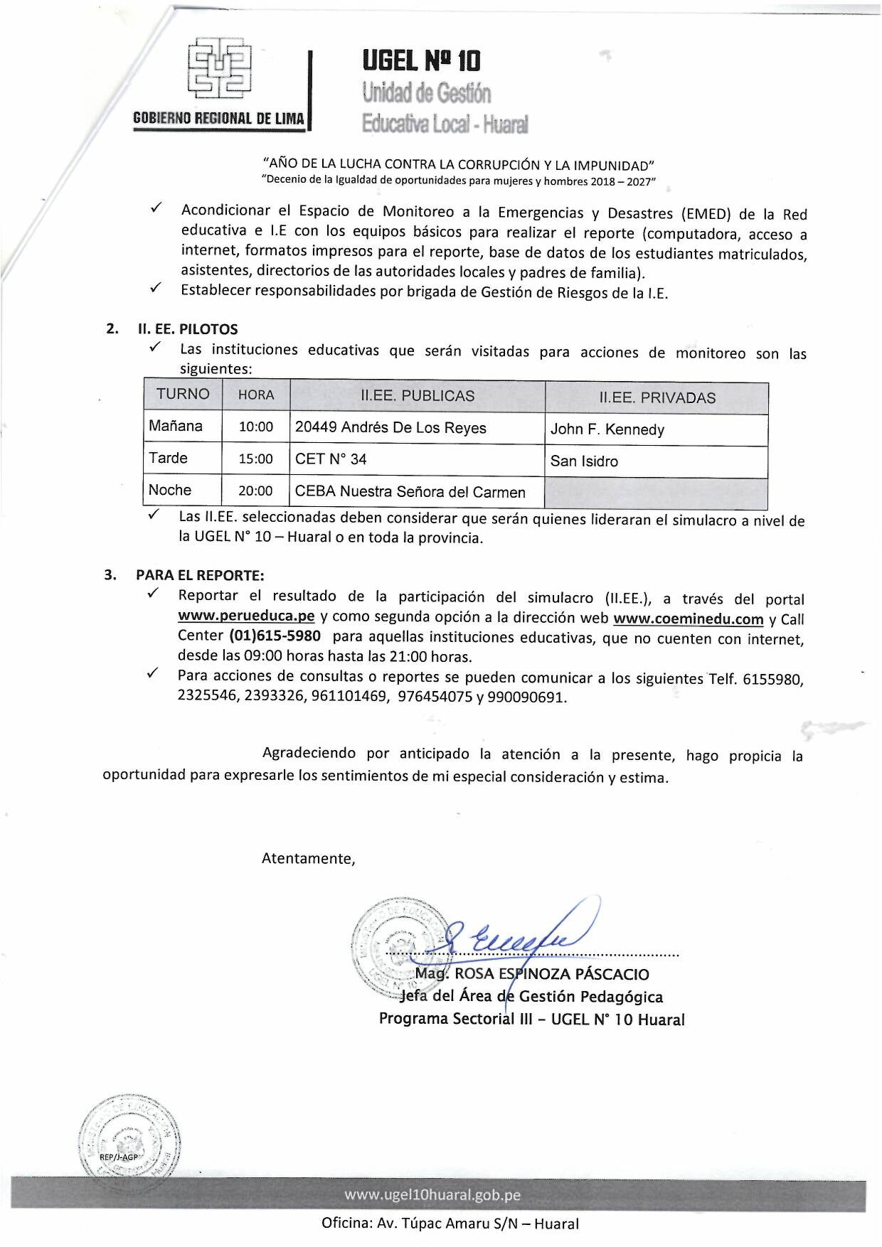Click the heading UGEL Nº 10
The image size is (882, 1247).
point(422,61)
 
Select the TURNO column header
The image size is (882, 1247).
point(183,395)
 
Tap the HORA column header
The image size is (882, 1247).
point(256,395)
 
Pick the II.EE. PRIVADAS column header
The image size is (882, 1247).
point(657,398)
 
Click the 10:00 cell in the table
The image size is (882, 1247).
point(256,427)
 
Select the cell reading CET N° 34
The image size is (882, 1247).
point(331,459)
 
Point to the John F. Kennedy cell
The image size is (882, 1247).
point(607,429)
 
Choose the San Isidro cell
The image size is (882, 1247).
point(584,461)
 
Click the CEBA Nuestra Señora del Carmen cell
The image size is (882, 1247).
point(410,492)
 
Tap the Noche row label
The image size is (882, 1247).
point(170,490)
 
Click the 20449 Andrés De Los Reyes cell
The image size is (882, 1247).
point(390,428)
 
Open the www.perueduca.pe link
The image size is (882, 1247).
point(246,616)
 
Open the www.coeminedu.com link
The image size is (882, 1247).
point(688,619)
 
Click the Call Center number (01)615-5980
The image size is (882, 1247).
point(275,636)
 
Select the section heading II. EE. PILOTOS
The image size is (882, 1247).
point(187,329)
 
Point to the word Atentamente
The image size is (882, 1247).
point(308,858)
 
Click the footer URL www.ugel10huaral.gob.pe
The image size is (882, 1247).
point(432,1195)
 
